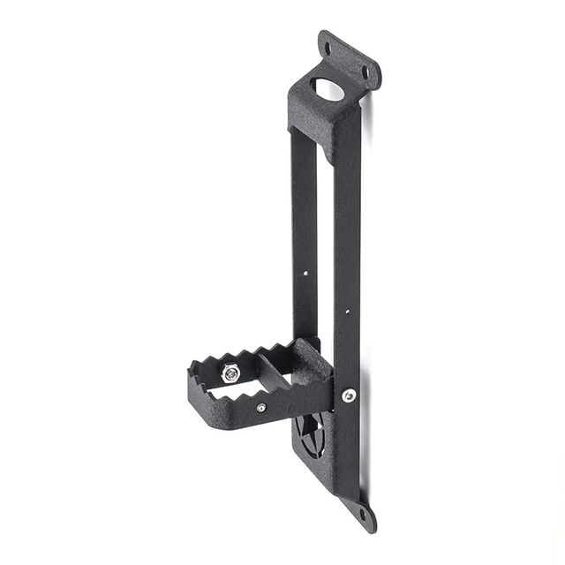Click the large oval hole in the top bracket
pyautogui.click(x=328, y=89)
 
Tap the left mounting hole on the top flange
pyautogui.click(x=328, y=49)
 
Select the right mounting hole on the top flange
pyautogui.click(x=365, y=73)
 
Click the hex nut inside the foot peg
pyautogui.click(x=230, y=373)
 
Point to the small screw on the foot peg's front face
pyautogui.click(x=261, y=408)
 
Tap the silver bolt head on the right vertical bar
pyautogui.click(x=349, y=396)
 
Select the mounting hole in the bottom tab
pyautogui.click(x=363, y=516)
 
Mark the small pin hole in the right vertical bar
pyautogui.click(x=347, y=311)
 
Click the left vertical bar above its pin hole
pyautogui.click(x=303, y=203)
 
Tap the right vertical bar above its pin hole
pyautogui.click(x=346, y=221)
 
